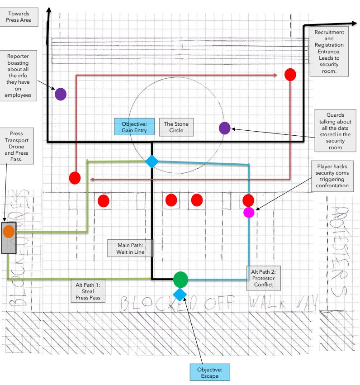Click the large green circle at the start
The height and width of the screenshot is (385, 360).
pyautogui.click(x=180, y=279)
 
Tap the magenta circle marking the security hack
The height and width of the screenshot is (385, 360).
pyautogui.click(x=248, y=212)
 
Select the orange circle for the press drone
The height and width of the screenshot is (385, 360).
pyautogui.click(x=9, y=231)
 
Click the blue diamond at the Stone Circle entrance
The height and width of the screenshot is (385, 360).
pyautogui.click(x=152, y=161)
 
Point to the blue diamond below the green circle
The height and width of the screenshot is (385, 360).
pyautogui.click(x=180, y=295)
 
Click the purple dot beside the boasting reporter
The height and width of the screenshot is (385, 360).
pyautogui.click(x=61, y=94)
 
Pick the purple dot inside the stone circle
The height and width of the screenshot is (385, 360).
pyautogui.click(x=225, y=128)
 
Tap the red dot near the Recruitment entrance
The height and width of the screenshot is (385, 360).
pyautogui.click(x=290, y=75)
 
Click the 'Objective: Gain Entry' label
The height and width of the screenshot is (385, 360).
pyautogui.click(x=134, y=127)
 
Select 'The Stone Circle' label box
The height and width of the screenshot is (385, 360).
pyautogui.click(x=176, y=127)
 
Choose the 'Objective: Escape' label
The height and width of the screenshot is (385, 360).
pyautogui.click(x=209, y=373)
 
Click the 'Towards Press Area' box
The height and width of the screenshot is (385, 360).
pyautogui.click(x=19, y=16)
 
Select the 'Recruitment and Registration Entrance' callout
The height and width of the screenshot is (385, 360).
pyautogui.click(x=332, y=52)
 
